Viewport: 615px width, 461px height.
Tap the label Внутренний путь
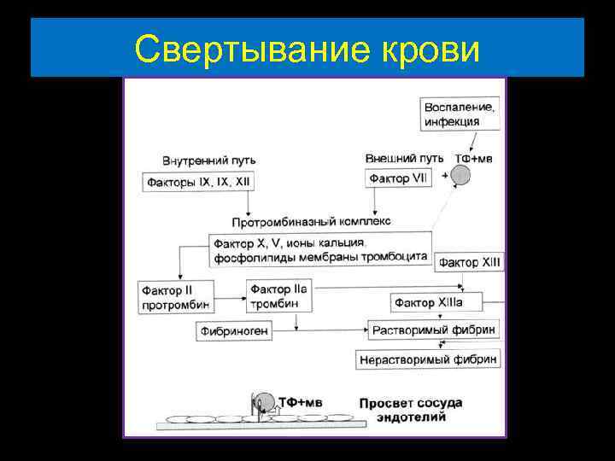coord(208,160)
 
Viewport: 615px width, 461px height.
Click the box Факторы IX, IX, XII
coord(199,182)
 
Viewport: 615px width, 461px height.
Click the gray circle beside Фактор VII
coord(460,175)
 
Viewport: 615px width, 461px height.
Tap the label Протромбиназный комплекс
coord(314,221)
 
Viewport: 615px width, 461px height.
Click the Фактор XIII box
coord(469,263)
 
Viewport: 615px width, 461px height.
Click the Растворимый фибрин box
coord(432,330)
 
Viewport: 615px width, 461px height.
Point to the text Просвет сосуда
coord(410,403)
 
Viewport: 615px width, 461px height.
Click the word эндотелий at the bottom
coord(410,418)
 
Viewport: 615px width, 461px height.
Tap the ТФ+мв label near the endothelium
coord(302,401)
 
